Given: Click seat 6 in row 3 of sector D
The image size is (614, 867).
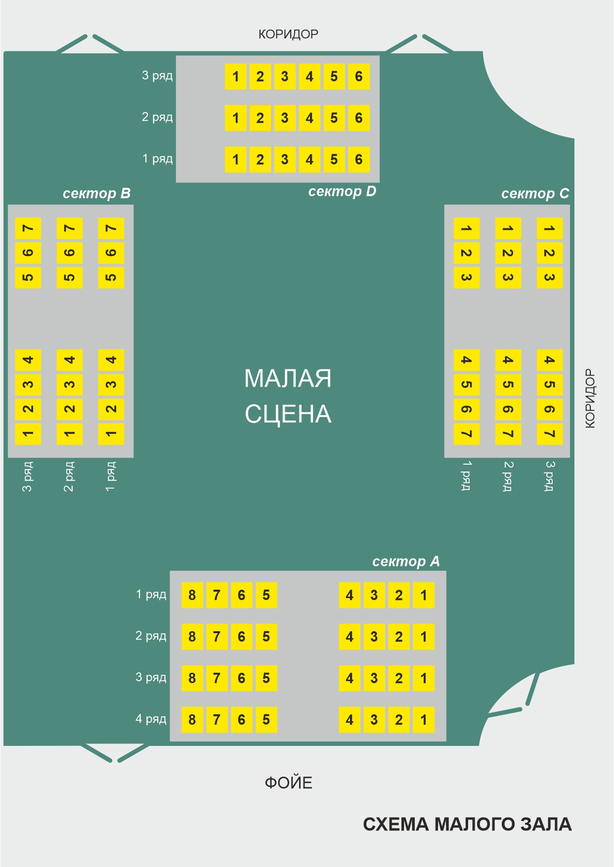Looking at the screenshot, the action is pos(359,77).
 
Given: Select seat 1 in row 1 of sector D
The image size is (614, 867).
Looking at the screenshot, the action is pos(235,160).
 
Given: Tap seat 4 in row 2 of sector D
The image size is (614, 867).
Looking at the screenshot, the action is pos(309,118).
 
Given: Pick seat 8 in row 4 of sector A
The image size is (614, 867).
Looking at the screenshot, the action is pos(192,719).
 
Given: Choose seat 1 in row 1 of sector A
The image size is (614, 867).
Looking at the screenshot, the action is pos(424,595).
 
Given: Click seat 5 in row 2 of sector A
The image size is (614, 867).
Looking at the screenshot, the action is pos(266,636).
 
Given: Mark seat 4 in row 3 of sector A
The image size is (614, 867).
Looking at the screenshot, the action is pos(350,678).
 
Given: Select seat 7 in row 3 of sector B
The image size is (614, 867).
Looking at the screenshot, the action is pos(28,228).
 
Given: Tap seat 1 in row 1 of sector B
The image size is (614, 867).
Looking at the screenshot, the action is pos(111,434).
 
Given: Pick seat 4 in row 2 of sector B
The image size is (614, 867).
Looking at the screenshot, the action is pos(70,360).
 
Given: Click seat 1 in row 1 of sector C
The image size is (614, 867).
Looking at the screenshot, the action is pos(466,228).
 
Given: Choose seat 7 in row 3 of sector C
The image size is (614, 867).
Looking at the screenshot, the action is pos(549,434).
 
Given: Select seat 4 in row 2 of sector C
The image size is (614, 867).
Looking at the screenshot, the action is pos(508,360).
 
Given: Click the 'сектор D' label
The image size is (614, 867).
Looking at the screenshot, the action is pos(342,192).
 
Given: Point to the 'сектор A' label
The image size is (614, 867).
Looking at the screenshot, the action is pos(406,562).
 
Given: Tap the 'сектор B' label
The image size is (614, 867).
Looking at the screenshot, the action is pos(96,194).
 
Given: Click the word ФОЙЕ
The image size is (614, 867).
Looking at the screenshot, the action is pos(289,783).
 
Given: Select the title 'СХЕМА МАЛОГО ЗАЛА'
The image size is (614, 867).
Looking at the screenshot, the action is pos(467,824).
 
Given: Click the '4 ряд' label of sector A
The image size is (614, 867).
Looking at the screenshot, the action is pos(151,719).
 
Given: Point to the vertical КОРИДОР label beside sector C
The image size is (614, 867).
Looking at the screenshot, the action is pos(590,398).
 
